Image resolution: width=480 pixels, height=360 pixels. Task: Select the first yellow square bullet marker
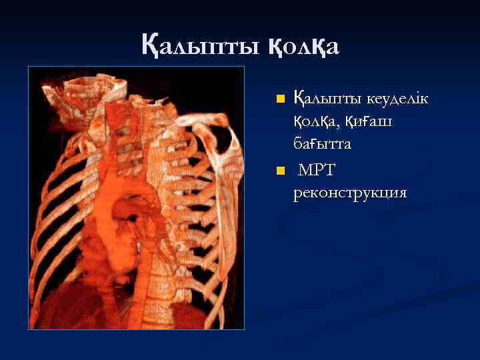pyautogui.click(x=281, y=99)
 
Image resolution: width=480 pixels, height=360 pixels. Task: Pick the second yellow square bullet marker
pyautogui.click(x=281, y=171)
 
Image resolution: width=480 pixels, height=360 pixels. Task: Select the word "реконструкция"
pyautogui.click(x=349, y=193)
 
